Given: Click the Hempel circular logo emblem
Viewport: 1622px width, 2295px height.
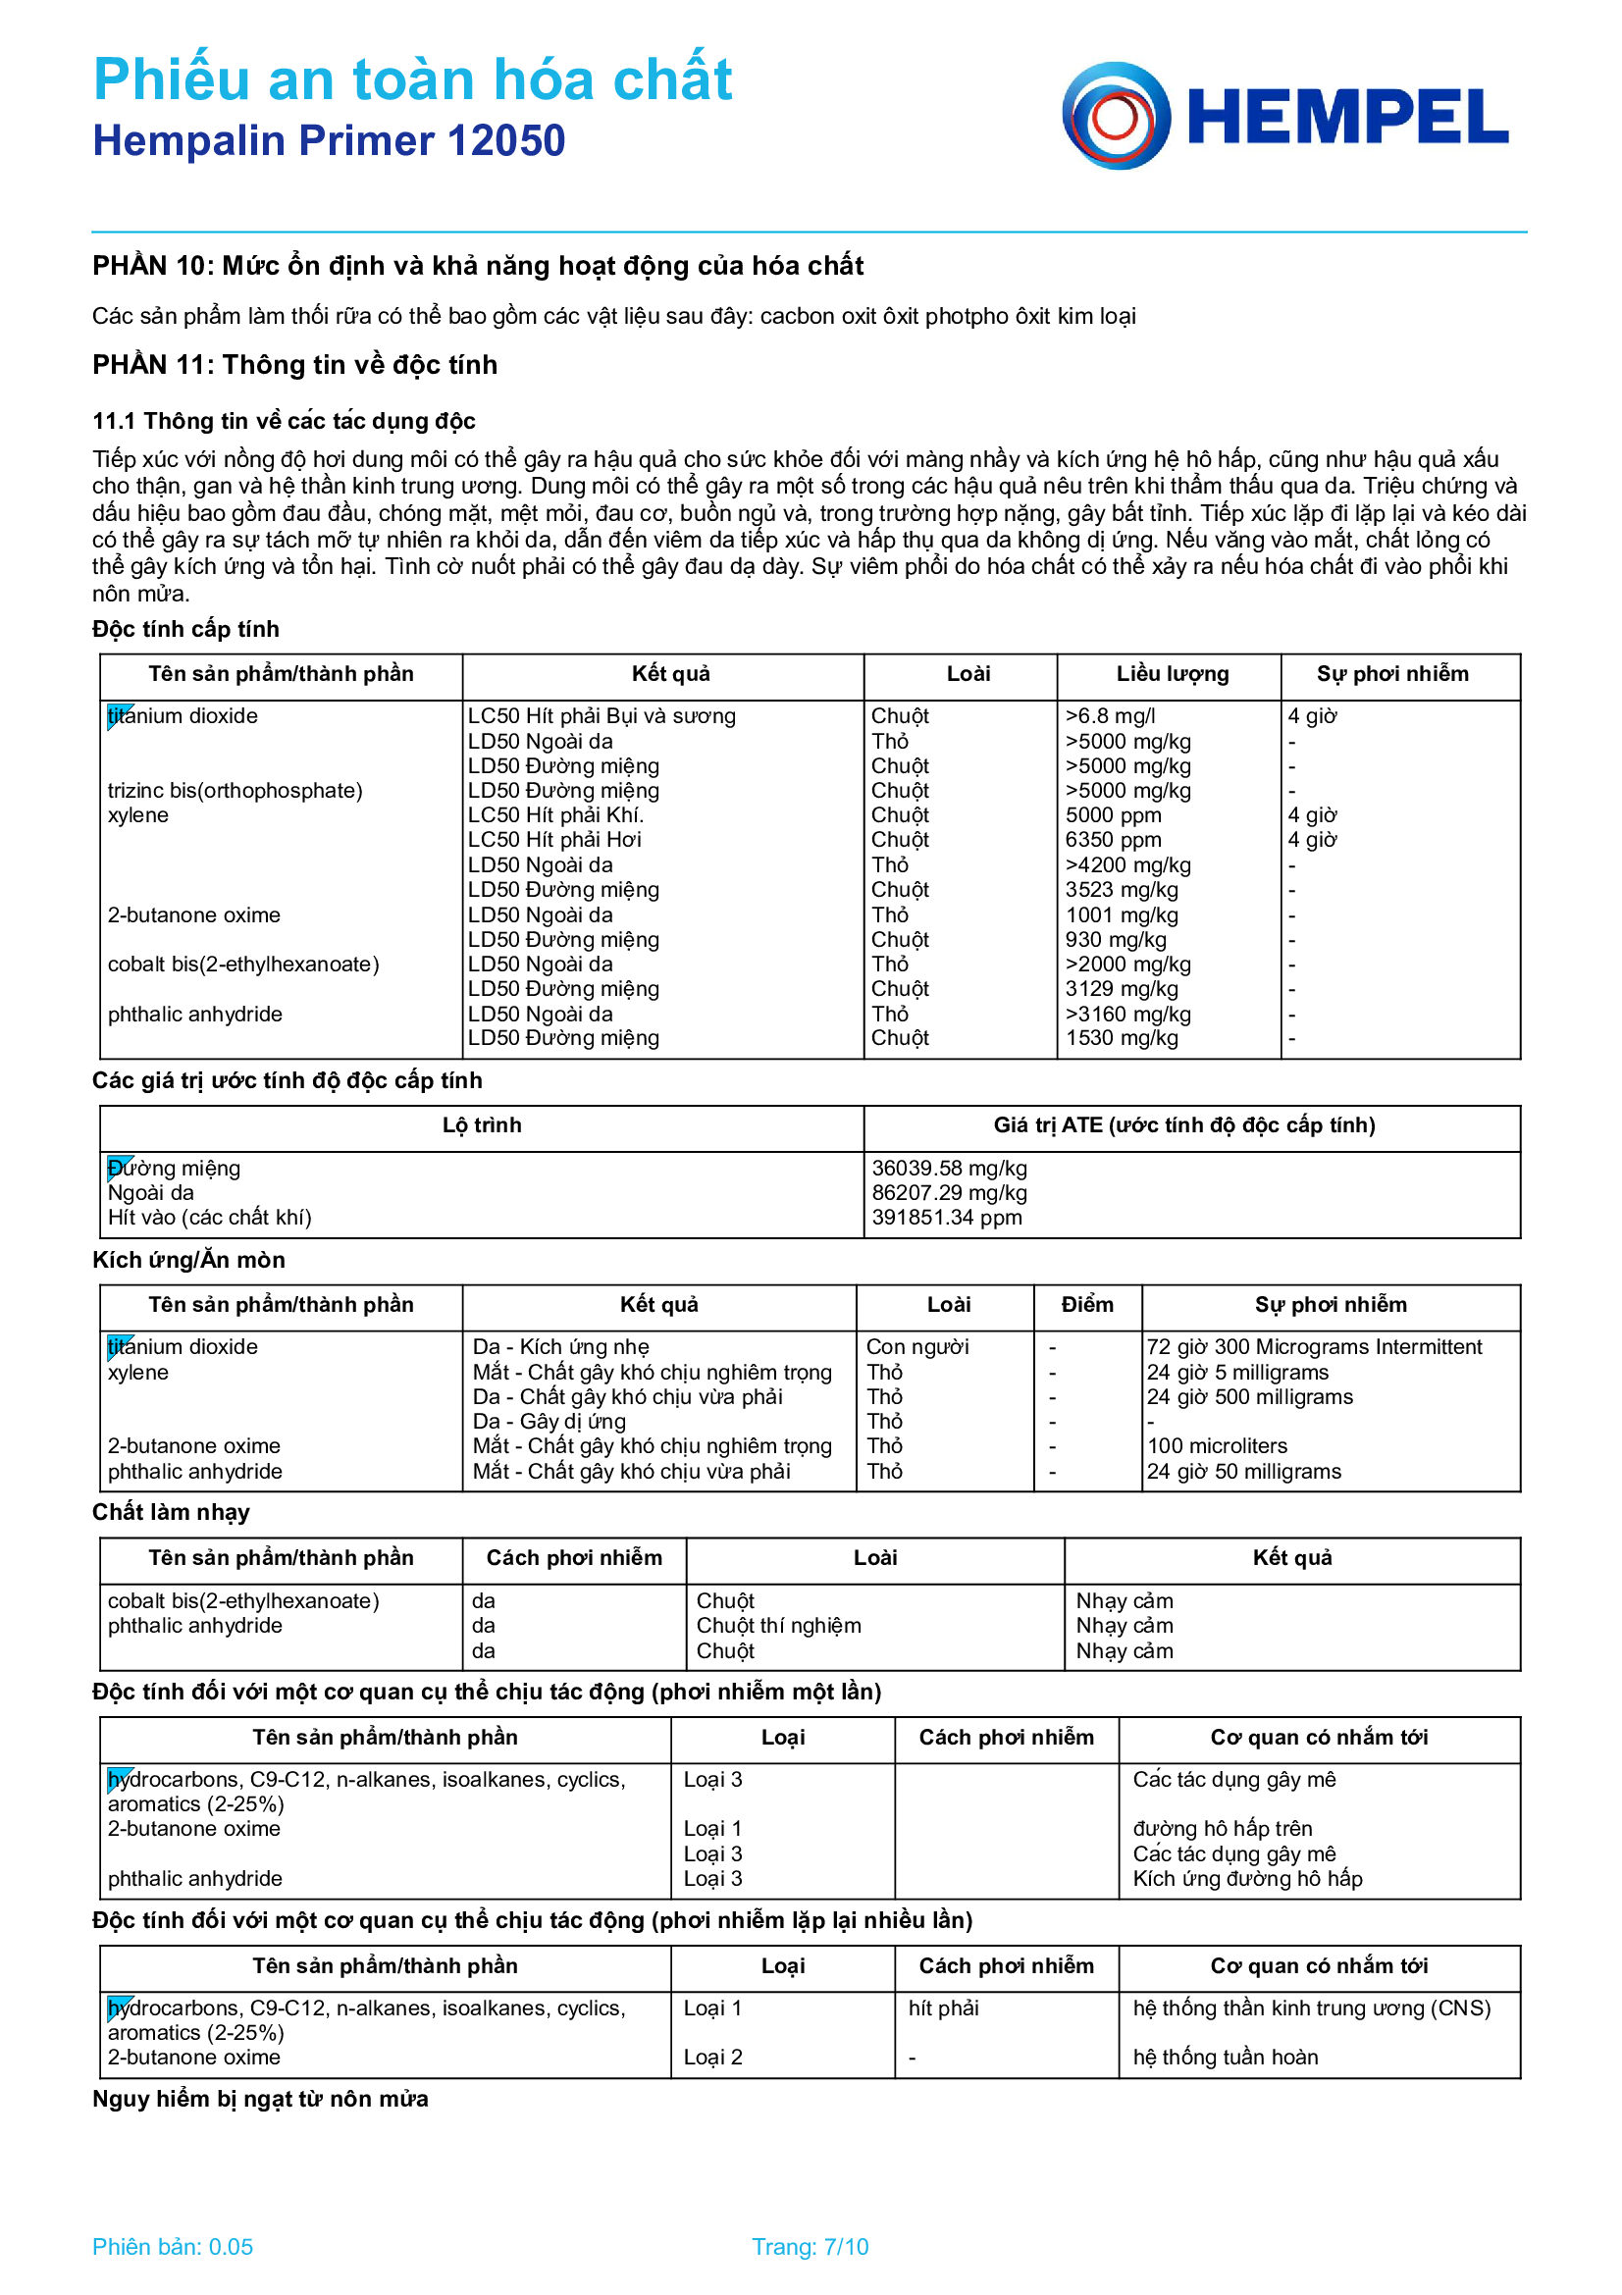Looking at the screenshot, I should click(x=1116, y=116).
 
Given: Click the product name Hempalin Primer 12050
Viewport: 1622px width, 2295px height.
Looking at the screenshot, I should click(x=329, y=141).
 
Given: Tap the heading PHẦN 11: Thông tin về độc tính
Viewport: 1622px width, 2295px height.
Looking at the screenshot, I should click(x=294, y=365).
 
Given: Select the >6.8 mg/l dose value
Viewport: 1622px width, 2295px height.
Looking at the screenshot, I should click(x=1110, y=715).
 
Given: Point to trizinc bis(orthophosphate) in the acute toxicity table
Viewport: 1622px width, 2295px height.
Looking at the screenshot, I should click(x=235, y=791).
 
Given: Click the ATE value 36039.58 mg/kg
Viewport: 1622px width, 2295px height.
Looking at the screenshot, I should click(x=949, y=1168).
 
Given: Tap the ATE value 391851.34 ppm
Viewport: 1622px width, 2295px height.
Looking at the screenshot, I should click(x=947, y=1218).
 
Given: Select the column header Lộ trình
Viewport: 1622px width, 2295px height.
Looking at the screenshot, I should click(x=482, y=1125).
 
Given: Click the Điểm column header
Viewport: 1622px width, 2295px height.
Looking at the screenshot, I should click(x=1086, y=1304).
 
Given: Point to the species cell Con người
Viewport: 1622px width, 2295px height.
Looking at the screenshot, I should click(x=917, y=1347).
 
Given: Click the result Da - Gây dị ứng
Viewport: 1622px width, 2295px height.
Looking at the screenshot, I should click(x=549, y=1422).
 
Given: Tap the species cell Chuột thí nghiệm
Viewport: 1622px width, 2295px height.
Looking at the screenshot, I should click(x=777, y=1625).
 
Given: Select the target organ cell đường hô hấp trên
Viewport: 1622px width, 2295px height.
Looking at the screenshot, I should click(x=1222, y=1828).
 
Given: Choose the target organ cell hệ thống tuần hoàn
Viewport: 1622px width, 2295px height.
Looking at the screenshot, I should click(x=1225, y=2058).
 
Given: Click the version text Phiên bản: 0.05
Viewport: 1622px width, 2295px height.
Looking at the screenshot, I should click(x=172, y=2247).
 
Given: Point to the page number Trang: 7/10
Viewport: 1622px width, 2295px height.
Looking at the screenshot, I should click(x=810, y=2247).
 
